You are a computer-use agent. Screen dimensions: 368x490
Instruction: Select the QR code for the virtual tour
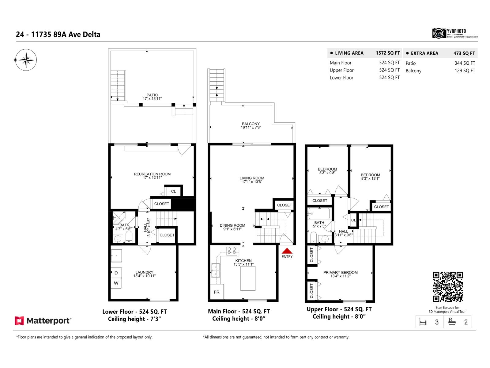(x=447, y=287)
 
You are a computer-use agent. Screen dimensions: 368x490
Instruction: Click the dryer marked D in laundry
(x=116, y=273)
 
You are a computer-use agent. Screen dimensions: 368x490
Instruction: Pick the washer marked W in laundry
(x=116, y=283)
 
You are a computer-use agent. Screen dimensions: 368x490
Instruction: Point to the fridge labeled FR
(x=217, y=292)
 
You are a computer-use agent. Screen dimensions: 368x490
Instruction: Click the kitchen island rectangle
(x=248, y=278)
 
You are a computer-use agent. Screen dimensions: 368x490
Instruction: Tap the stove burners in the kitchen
(x=232, y=251)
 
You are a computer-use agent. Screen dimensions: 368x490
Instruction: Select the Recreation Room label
(x=152, y=174)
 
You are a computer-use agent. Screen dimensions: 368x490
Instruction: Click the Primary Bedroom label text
(x=340, y=272)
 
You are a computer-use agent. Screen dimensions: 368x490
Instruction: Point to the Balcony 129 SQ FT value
(x=465, y=71)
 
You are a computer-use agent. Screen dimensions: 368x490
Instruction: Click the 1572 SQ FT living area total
(x=388, y=53)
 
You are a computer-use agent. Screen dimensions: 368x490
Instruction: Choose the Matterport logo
(x=43, y=321)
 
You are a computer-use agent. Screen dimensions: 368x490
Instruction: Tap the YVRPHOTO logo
(x=454, y=33)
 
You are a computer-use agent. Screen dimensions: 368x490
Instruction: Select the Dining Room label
(x=232, y=225)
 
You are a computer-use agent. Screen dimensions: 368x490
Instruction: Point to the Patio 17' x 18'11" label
(x=152, y=97)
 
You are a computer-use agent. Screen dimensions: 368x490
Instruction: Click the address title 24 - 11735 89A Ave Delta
(x=58, y=35)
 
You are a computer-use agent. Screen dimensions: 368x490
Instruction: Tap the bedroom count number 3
(x=437, y=322)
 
